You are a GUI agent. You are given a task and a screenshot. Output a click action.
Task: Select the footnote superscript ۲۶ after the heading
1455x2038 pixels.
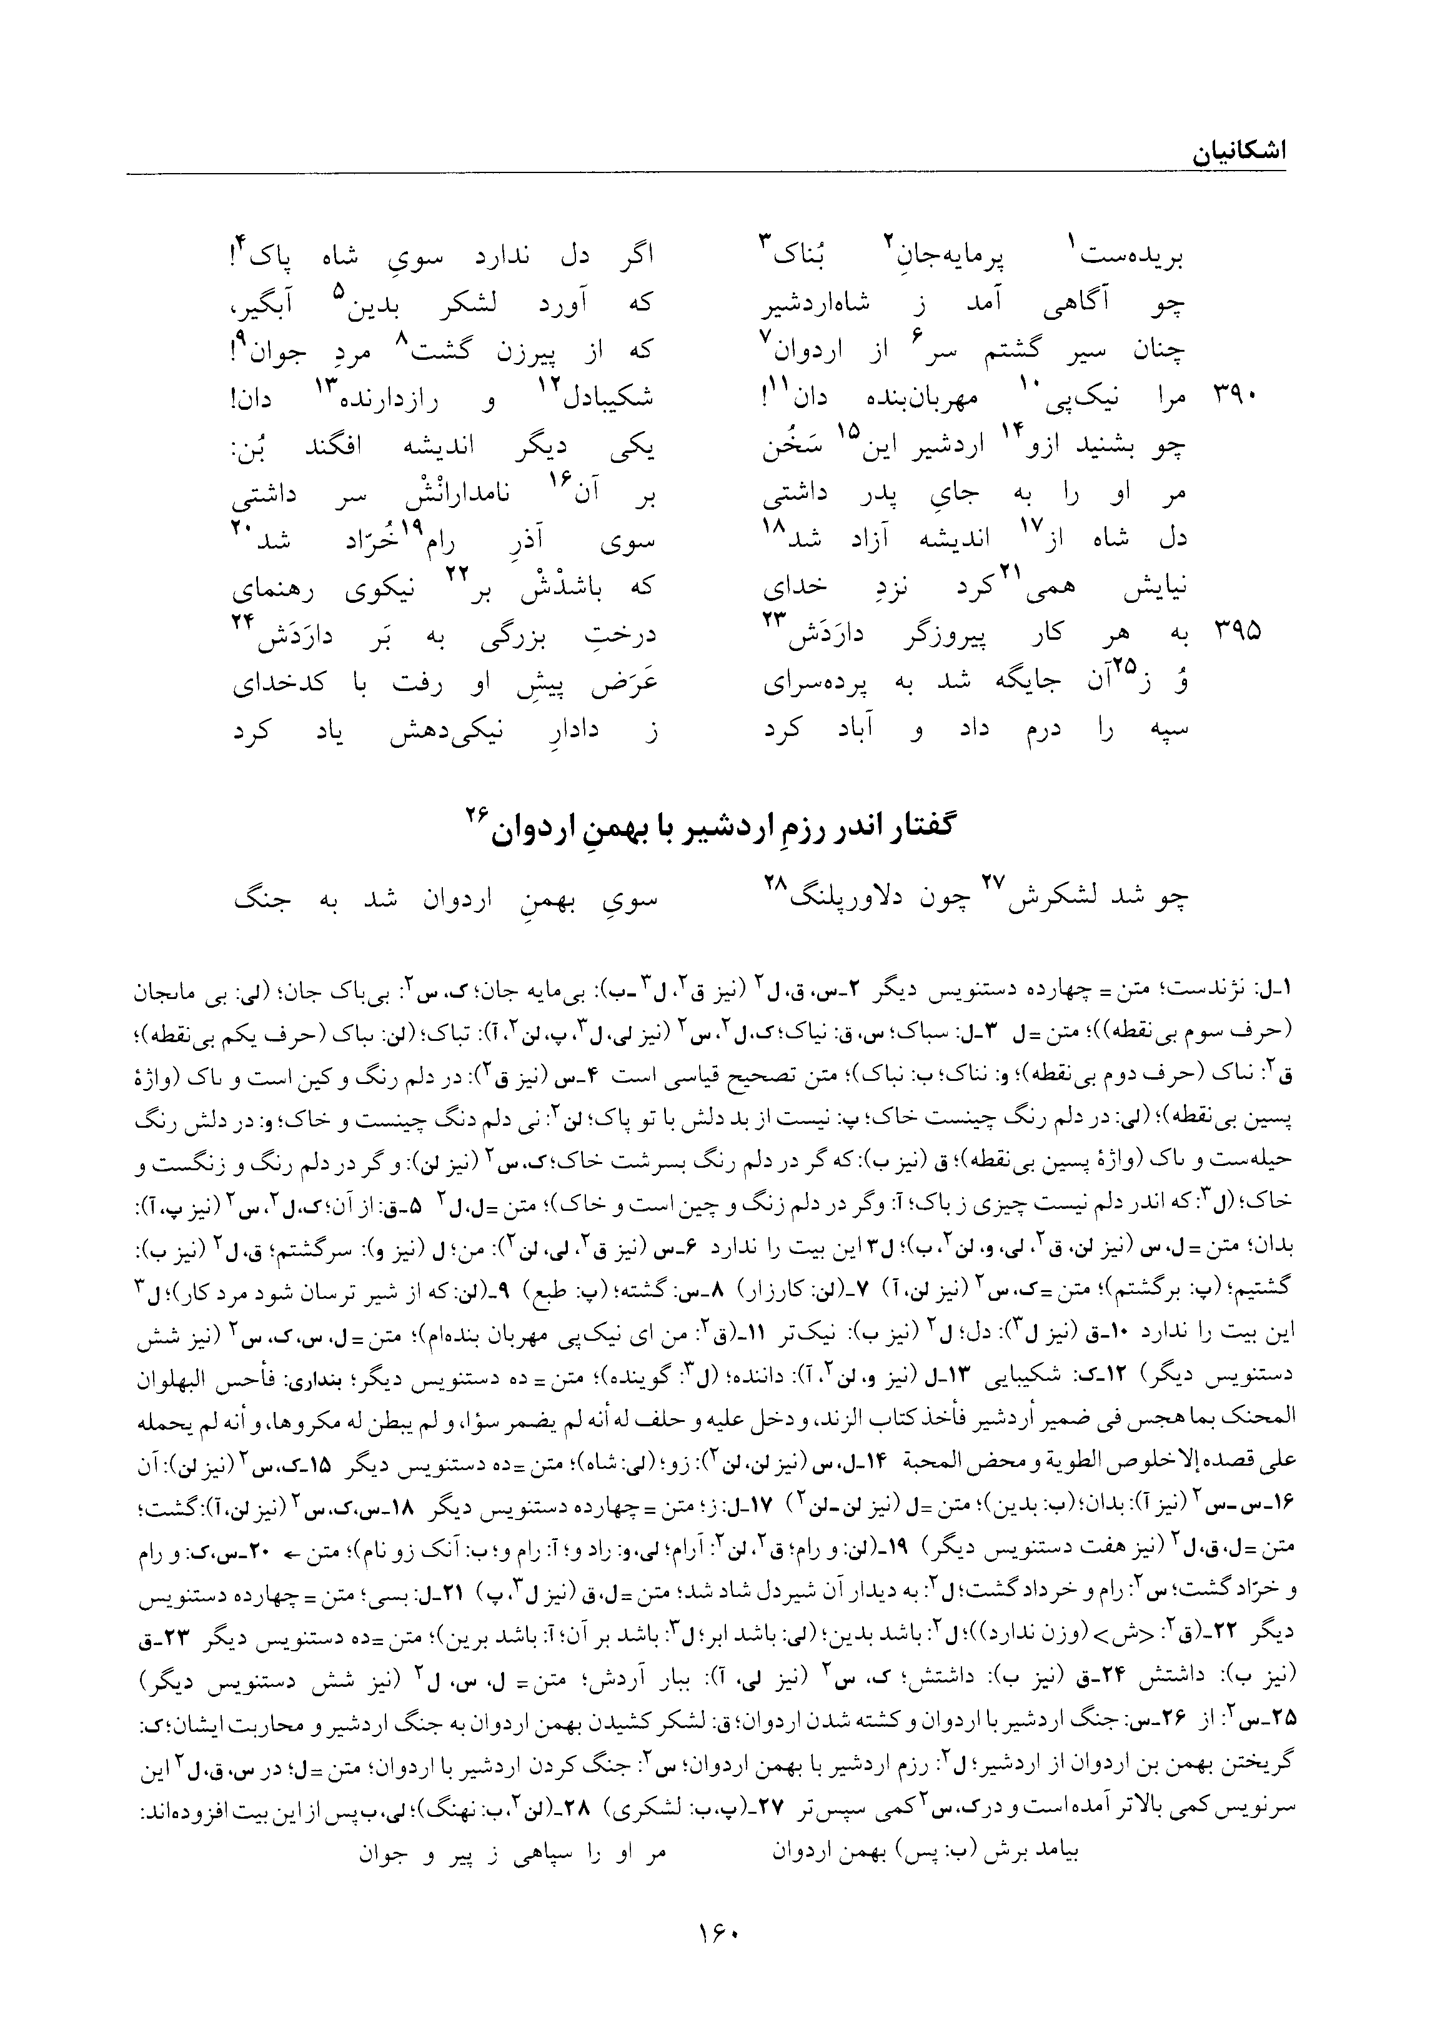474,812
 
